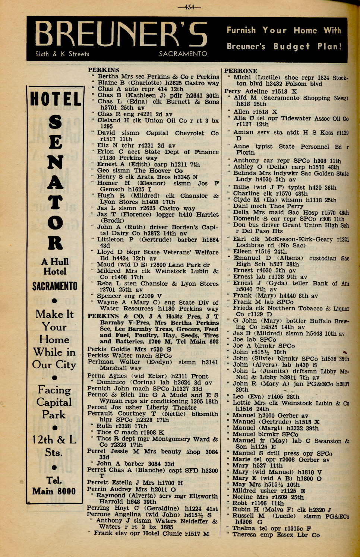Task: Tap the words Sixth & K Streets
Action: tap(62, 54)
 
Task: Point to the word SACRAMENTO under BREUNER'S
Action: tap(183, 54)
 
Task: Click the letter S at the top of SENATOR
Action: tap(55, 122)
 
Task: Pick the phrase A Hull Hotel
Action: tap(55, 266)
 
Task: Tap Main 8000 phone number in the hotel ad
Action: tap(54, 491)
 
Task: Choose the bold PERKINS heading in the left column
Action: tap(104, 70)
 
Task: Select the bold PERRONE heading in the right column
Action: tap(240, 71)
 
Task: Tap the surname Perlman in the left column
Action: tap(100, 362)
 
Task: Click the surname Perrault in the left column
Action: tap(100, 414)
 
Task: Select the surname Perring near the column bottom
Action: tap(98, 508)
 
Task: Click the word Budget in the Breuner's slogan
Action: tap(292, 47)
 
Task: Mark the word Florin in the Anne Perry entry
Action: tap(245, 152)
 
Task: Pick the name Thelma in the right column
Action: tap(244, 528)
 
